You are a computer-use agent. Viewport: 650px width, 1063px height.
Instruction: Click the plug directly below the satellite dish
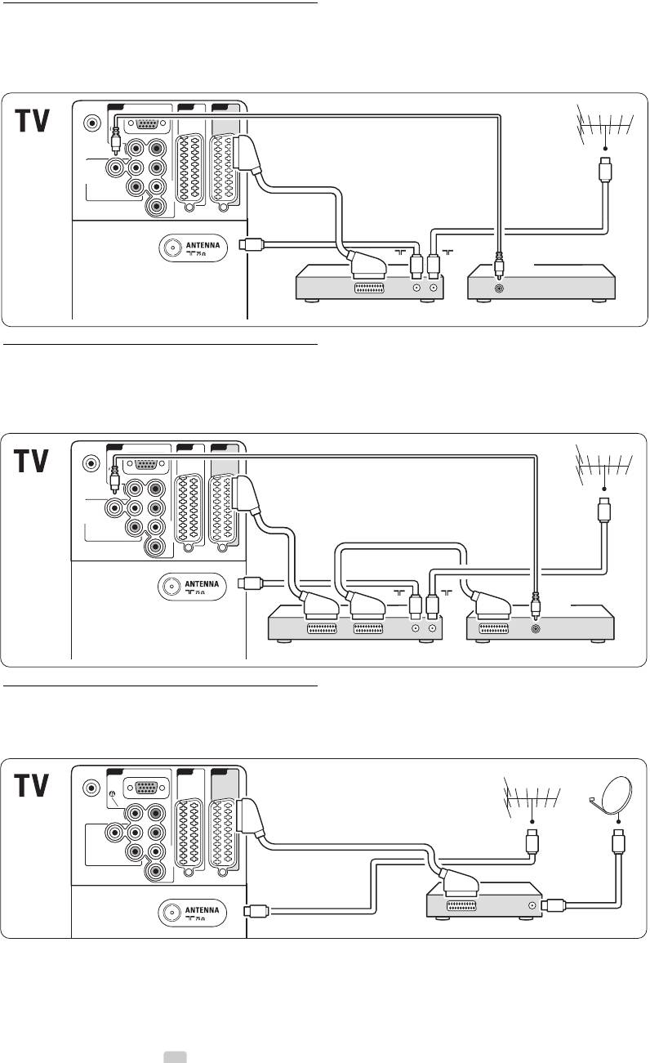[x=618, y=842]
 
